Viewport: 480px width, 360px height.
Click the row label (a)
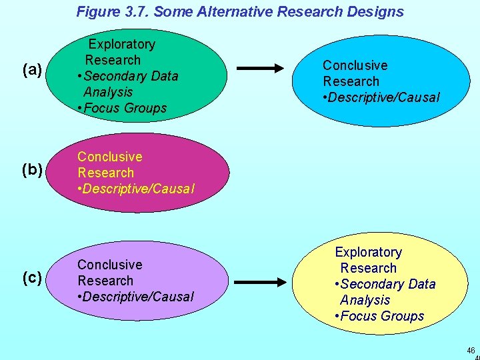click(x=33, y=70)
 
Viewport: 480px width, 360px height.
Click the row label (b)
click(x=33, y=170)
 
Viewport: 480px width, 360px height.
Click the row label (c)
click(x=33, y=278)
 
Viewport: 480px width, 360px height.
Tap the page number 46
click(x=471, y=351)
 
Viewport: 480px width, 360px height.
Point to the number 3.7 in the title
click(x=137, y=11)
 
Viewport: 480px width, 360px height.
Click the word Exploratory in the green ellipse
click(x=121, y=44)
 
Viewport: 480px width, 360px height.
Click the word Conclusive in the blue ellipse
click(x=355, y=65)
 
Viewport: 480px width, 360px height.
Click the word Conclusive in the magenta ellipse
click(x=109, y=157)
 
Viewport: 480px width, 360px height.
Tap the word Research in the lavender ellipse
click(x=105, y=281)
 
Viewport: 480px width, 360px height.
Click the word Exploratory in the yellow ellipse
click(x=368, y=252)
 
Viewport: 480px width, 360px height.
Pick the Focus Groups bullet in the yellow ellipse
click(x=382, y=316)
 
